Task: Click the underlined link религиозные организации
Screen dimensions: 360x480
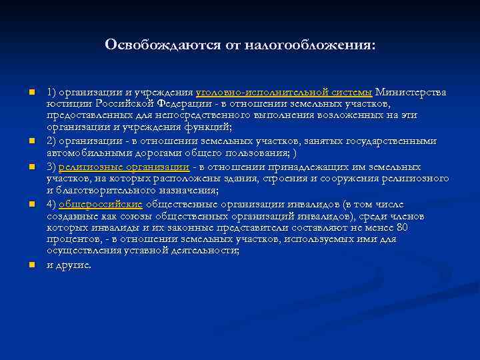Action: click(123, 167)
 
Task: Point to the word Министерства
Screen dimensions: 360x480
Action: click(411, 92)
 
